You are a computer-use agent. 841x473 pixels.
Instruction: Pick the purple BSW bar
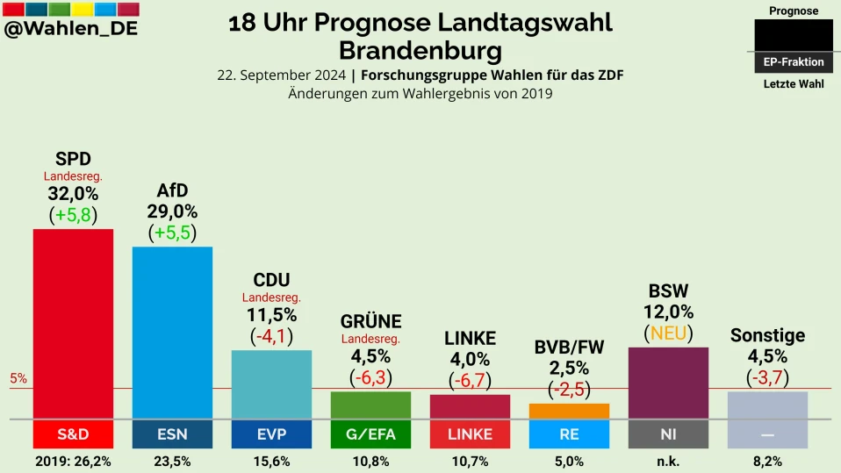[668, 383]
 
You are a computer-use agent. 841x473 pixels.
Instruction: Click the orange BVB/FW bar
[569, 411]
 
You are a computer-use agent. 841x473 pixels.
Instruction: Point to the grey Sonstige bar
[767, 405]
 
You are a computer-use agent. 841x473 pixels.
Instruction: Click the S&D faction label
[73, 434]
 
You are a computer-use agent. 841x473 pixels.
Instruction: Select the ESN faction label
[172, 434]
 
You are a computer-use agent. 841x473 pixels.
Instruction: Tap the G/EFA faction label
[370, 434]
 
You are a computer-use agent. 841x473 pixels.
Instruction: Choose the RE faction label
[569, 434]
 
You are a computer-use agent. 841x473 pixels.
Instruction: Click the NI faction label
[668, 434]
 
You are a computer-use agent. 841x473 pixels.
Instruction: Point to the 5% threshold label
[18, 379]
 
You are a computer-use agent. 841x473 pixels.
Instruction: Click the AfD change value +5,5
[172, 233]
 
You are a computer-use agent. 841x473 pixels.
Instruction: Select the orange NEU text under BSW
[668, 333]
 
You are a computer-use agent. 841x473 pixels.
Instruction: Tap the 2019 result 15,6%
[271, 462]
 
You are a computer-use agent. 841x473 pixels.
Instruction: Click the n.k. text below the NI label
[668, 462]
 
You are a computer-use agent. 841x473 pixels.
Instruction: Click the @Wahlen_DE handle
[71, 29]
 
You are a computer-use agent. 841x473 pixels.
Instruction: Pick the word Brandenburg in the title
[420, 50]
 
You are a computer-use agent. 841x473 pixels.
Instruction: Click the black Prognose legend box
[794, 35]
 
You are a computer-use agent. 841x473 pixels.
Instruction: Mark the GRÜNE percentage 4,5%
[370, 356]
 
